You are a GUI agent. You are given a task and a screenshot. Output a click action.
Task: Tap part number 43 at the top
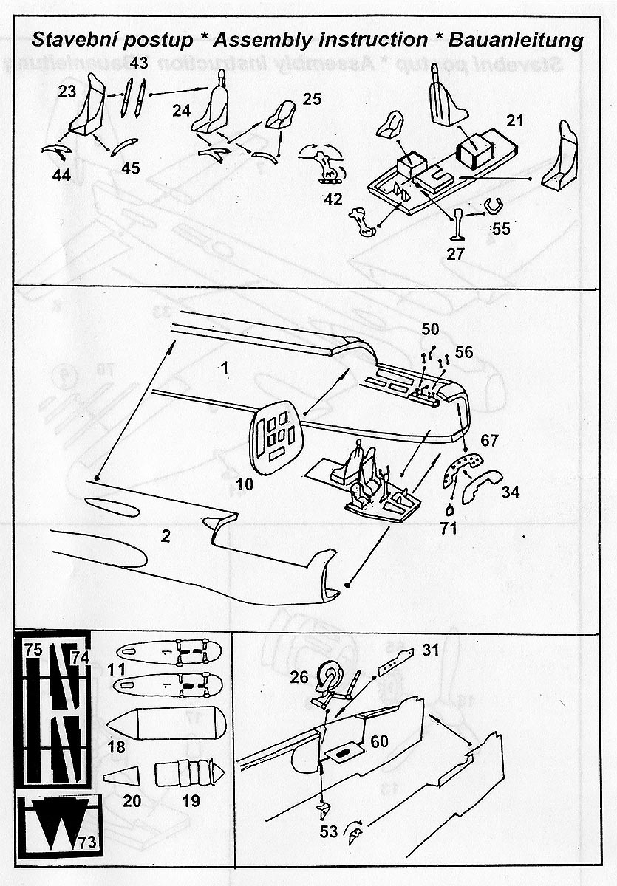click(140, 64)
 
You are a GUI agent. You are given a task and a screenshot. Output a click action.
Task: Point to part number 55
click(500, 228)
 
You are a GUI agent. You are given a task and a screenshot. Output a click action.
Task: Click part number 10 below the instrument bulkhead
click(245, 484)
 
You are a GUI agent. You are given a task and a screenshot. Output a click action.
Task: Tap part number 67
click(490, 441)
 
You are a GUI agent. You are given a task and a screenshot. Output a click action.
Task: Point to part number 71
click(449, 528)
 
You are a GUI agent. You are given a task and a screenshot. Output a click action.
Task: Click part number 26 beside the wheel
click(299, 677)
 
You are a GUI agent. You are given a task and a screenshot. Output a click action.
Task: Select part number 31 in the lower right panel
click(431, 650)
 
